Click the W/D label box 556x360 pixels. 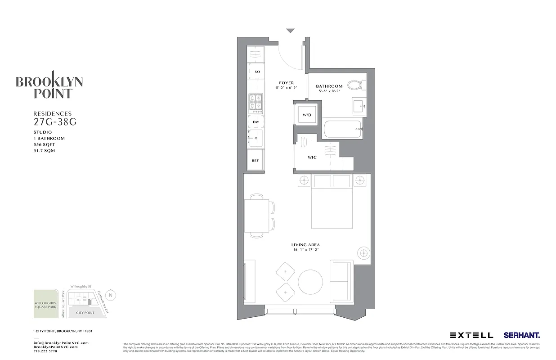click(x=307, y=115)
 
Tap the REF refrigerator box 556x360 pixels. click(x=255, y=161)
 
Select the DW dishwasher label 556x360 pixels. click(x=256, y=122)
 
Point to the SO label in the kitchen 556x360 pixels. click(x=257, y=72)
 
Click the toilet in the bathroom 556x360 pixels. click(x=359, y=85)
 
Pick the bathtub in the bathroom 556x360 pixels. click(x=344, y=129)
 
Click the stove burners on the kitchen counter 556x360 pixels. click(x=255, y=103)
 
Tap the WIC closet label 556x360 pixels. click(x=313, y=157)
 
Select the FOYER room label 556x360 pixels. click(x=287, y=83)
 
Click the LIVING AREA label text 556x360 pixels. click(x=305, y=245)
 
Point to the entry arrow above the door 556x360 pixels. click(x=291, y=31)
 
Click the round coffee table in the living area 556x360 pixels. click(x=310, y=282)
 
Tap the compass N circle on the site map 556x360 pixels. click(x=112, y=295)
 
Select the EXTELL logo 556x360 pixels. click(x=471, y=335)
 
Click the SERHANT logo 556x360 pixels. click(x=522, y=335)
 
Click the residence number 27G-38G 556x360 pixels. click(x=52, y=121)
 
